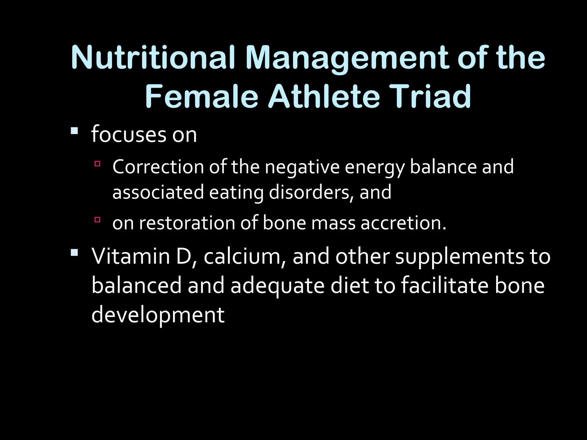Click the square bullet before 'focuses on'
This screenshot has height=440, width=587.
click(x=74, y=131)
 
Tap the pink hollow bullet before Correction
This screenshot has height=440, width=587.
click(x=97, y=164)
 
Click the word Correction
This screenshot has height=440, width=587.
click(x=158, y=167)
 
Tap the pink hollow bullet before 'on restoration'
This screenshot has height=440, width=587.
click(x=97, y=220)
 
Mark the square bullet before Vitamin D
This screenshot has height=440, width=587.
click(x=74, y=252)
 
